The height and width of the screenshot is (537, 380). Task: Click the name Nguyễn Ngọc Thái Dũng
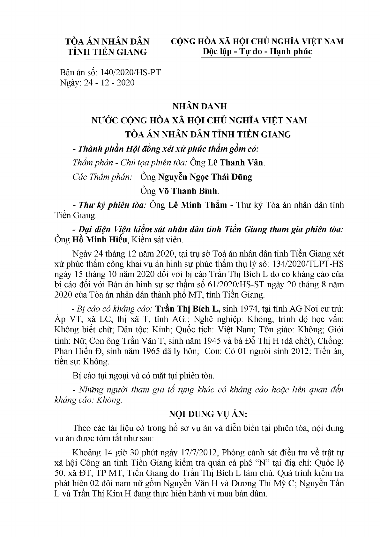tap(205, 177)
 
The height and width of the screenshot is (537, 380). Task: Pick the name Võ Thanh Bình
tap(188, 191)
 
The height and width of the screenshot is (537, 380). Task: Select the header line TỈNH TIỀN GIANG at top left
tap(107, 52)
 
